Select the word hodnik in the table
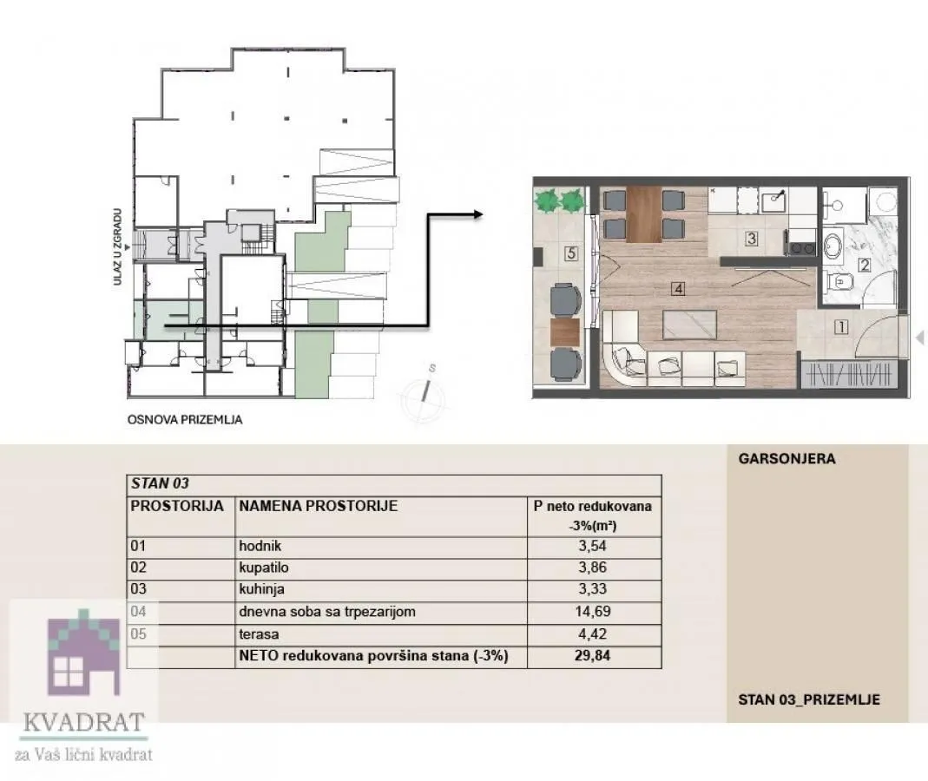pyautogui.click(x=260, y=547)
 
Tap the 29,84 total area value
pyautogui.click(x=592, y=656)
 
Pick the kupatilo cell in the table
pyautogui.click(x=265, y=568)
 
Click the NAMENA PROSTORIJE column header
pyautogui.click(x=318, y=506)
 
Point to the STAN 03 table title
pyautogui.click(x=159, y=484)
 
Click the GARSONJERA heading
pyautogui.click(x=786, y=459)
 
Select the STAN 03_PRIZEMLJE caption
pyautogui.click(x=808, y=699)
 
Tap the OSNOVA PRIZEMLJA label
pyautogui.click(x=185, y=420)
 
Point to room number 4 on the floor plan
pyautogui.click(x=679, y=290)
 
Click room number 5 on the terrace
pyautogui.click(x=570, y=254)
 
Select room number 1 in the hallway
pyautogui.click(x=839, y=327)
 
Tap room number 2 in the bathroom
pyautogui.click(x=864, y=266)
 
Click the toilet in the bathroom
pyautogui.click(x=838, y=282)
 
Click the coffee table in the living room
pyautogui.click(x=689, y=324)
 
